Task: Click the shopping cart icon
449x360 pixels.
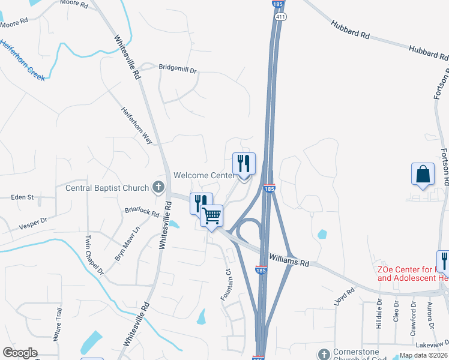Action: pyautogui.click(x=212, y=215)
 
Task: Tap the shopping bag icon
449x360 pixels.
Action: pyautogui.click(x=423, y=174)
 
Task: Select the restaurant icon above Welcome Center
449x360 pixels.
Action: pyautogui.click(x=244, y=163)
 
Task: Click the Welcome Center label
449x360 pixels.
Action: pyautogui.click(x=203, y=175)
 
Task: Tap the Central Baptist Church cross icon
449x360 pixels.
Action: pyautogui.click(x=158, y=187)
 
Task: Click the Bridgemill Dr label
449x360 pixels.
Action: pyautogui.click(x=178, y=68)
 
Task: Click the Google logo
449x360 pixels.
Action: pyautogui.click(x=20, y=353)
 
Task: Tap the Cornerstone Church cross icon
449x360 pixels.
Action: pyautogui.click(x=324, y=353)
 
